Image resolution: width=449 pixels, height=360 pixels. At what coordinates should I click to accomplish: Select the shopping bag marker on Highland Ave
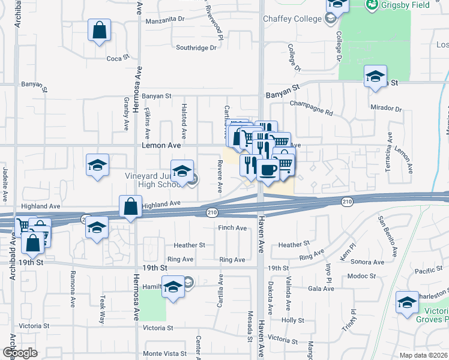pos(130,207)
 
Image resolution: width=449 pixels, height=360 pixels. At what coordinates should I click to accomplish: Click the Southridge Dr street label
pos(196,48)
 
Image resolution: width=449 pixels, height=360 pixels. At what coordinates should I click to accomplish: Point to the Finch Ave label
pos(232,228)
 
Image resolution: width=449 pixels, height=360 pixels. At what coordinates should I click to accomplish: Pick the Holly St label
pos(294,320)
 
